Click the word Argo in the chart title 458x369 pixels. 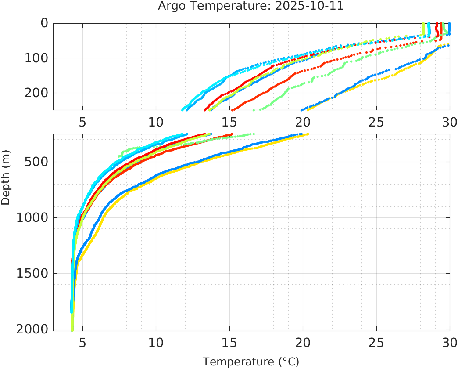click(170, 7)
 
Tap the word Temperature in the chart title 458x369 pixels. click(228, 7)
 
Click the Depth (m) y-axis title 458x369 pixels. click(6, 177)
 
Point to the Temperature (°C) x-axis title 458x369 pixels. click(250, 362)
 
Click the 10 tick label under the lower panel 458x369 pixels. click(156, 343)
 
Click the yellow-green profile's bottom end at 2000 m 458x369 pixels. click(72, 329)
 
